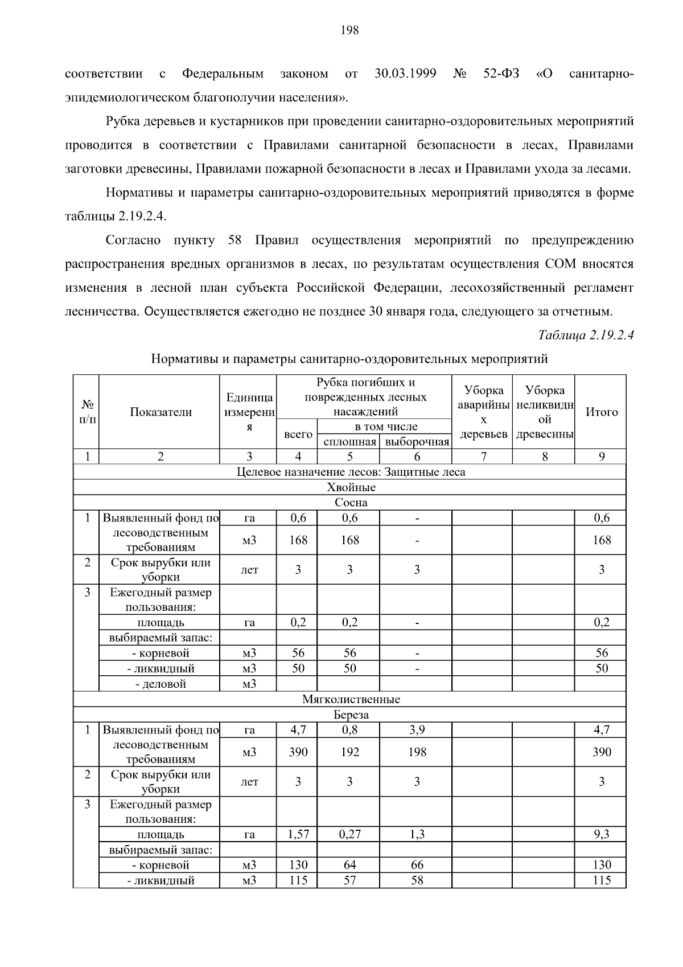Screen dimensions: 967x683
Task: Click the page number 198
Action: [349, 31]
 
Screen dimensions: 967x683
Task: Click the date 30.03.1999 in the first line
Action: [405, 74]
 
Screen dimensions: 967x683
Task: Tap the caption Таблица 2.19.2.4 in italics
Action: [586, 335]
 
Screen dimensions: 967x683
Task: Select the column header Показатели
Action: [161, 412]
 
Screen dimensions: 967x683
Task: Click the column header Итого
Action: [601, 412]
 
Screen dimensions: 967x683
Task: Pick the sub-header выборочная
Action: [417, 442]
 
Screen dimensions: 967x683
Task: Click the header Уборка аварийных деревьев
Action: [483, 412]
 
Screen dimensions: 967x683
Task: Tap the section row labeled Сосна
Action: [351, 503]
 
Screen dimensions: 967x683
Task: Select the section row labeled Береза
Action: [351, 715]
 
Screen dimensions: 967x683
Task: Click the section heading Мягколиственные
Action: [351, 699]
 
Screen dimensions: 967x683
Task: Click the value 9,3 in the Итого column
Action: [601, 834]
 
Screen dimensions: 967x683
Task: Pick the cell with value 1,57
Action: [298, 834]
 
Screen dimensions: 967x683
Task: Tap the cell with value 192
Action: [349, 752]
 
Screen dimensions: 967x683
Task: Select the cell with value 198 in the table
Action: [417, 752]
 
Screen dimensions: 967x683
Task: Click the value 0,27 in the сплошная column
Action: [349, 834]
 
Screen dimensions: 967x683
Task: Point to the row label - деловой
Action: [161, 684]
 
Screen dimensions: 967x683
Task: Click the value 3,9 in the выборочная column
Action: [417, 730]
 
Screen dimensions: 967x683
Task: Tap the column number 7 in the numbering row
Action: [483, 456]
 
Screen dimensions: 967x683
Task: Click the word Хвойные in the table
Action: [351, 487]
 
